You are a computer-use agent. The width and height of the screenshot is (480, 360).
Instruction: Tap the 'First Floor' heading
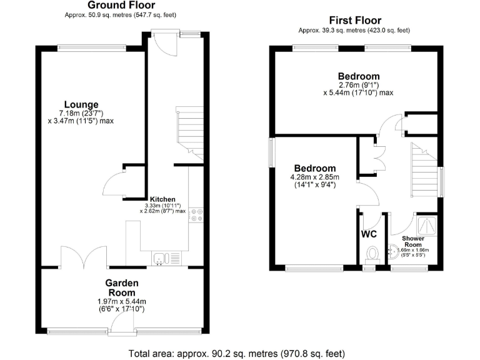click(354, 21)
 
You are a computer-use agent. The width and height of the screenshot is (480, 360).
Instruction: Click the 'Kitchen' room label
click(162, 199)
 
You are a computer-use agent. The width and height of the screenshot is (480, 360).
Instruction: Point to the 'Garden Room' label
click(122, 287)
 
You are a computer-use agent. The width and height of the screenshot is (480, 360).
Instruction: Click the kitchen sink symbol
click(160, 257)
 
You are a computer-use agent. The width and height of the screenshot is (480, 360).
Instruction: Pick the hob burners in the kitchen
click(197, 215)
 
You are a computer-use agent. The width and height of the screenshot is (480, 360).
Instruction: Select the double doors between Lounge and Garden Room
click(81, 257)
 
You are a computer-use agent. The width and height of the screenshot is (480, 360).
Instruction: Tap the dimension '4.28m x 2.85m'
click(315, 177)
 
